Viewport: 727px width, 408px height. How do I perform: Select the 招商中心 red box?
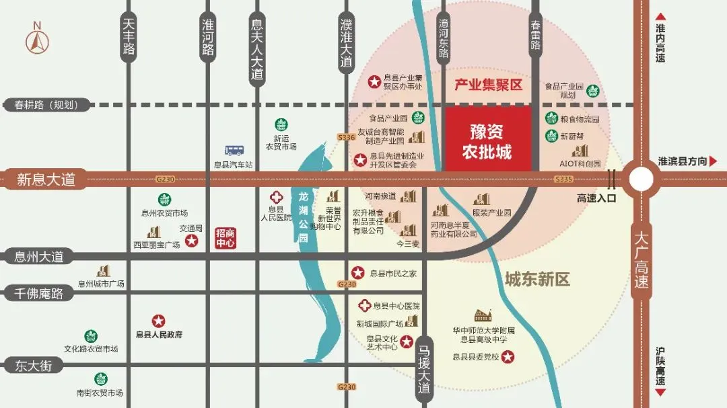pyautogui.click(x=225, y=238)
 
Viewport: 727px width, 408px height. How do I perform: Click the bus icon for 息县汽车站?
pyautogui.click(x=234, y=151)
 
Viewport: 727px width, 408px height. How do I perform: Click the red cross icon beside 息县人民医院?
pyautogui.click(x=276, y=198)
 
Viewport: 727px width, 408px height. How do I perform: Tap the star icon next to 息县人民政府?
pyautogui.click(x=159, y=321)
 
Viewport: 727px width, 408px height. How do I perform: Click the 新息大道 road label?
pyautogui.click(x=46, y=179)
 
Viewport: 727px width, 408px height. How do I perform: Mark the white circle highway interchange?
pyautogui.click(x=642, y=179)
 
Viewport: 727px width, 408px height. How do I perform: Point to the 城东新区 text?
pyautogui.click(x=537, y=279)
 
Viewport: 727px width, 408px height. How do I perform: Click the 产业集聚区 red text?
pyautogui.click(x=488, y=85)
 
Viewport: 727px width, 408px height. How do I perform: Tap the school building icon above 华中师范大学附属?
pyautogui.click(x=483, y=315)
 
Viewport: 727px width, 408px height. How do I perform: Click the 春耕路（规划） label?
pyautogui.click(x=46, y=105)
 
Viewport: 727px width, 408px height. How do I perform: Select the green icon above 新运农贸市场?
pyautogui.click(x=281, y=124)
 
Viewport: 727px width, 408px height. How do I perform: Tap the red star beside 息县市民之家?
pyautogui.click(x=358, y=273)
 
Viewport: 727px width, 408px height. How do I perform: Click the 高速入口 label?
pyautogui.click(x=596, y=198)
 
